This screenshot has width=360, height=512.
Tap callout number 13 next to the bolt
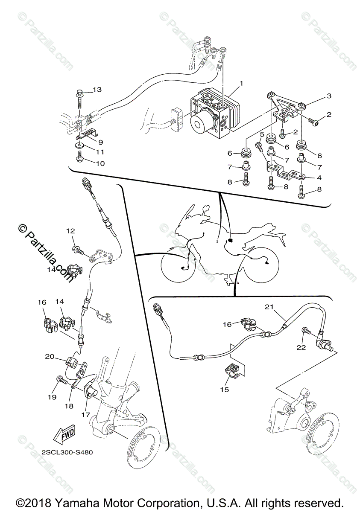pyautogui.click(x=97, y=90)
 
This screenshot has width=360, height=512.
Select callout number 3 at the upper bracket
pyautogui.click(x=329, y=96)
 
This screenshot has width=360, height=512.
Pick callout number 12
pyautogui.click(x=70, y=231)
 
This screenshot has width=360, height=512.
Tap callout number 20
pyautogui.click(x=50, y=356)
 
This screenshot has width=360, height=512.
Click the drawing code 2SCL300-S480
pyautogui.click(x=67, y=453)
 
